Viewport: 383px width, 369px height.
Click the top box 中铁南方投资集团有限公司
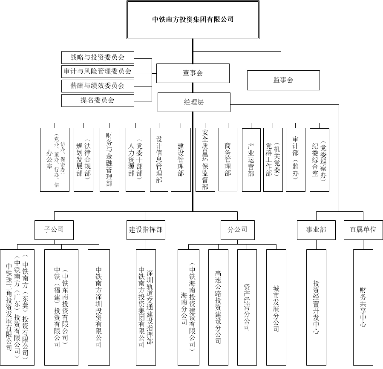click(193, 20)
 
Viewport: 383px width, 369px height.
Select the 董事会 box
click(193, 73)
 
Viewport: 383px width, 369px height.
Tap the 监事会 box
click(283, 80)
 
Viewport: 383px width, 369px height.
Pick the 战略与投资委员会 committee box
click(98, 57)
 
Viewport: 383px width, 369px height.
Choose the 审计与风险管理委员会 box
click(98, 71)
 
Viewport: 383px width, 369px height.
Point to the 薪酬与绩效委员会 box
click(98, 86)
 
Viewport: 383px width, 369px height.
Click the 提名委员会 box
click(98, 101)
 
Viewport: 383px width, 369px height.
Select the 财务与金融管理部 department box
click(109, 159)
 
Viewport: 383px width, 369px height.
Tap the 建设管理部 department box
click(181, 159)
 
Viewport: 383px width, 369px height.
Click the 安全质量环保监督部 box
click(205, 159)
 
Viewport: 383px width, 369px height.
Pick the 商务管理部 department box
click(227, 159)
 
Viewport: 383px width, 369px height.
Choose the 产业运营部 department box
click(251, 159)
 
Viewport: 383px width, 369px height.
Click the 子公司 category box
click(54, 230)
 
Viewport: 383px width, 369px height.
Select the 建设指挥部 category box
click(146, 230)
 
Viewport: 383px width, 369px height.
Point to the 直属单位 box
click(363, 230)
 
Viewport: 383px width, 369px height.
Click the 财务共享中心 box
click(363, 307)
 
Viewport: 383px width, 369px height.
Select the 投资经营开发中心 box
click(316, 307)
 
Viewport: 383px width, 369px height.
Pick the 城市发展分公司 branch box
click(276, 307)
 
